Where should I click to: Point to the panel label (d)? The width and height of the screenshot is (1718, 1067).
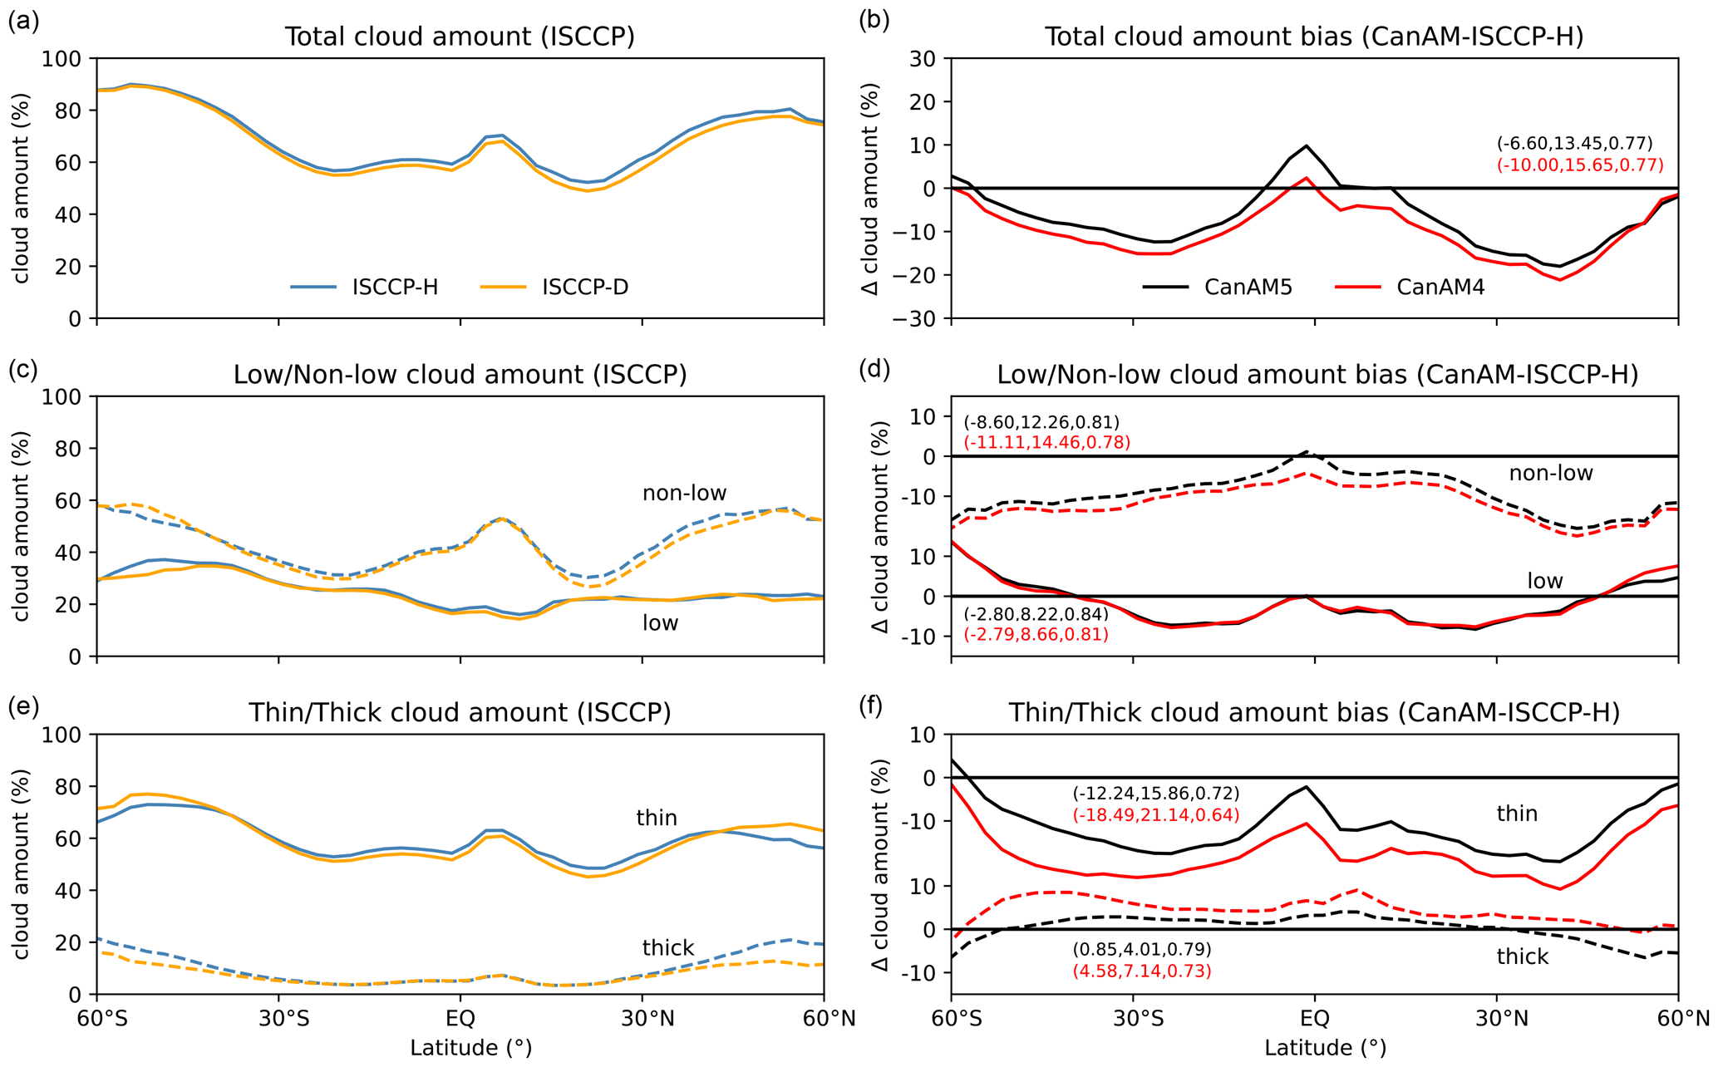(874, 369)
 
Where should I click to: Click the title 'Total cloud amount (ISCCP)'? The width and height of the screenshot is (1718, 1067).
(460, 37)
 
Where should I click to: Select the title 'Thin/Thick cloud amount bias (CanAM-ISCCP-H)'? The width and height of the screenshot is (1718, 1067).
(1314, 713)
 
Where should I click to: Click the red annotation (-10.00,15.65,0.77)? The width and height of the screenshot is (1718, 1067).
(1580, 165)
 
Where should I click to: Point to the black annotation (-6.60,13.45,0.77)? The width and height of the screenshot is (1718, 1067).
(1574, 143)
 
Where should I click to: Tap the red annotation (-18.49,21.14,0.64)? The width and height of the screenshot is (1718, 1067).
(1155, 815)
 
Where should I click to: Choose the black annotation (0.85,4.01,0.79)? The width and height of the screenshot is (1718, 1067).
(1141, 949)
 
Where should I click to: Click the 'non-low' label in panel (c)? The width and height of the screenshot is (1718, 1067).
(684, 494)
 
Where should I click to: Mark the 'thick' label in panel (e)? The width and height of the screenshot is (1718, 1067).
(667, 948)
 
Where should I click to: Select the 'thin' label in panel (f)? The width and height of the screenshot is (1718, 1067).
(1517, 814)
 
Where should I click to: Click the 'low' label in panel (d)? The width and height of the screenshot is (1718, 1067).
(1544, 581)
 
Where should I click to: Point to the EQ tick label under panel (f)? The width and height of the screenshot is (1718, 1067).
(1314, 1018)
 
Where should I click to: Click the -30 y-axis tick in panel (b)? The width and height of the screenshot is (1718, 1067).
(918, 319)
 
